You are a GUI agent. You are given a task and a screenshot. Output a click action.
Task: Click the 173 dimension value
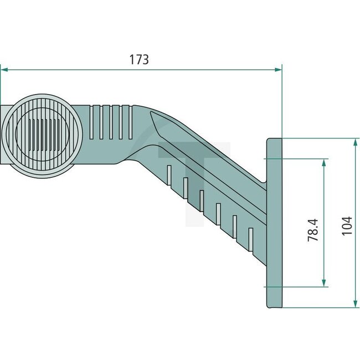click(140, 60)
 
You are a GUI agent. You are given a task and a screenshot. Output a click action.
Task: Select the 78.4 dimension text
click(313, 229)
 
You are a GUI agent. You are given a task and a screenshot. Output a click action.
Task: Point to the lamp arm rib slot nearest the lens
click(92, 123)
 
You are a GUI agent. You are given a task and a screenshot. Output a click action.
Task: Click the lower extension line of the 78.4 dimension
click(299, 287)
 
